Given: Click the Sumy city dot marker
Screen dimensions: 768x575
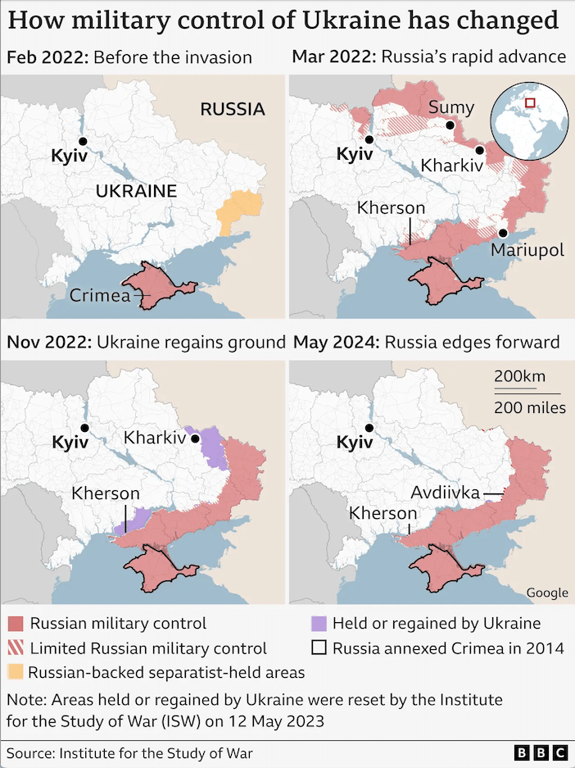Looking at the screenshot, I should coord(450,125).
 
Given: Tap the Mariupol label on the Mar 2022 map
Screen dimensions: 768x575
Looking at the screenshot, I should coord(527,250).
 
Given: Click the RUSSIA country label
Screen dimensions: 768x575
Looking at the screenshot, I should coord(233,109).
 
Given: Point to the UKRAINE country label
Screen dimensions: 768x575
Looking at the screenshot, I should coord(136,192).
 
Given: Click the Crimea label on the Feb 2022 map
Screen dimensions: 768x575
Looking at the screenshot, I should coord(99,296).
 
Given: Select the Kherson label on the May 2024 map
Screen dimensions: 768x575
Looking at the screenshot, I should coord(383,513).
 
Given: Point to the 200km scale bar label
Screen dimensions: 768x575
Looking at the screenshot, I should coord(519,376).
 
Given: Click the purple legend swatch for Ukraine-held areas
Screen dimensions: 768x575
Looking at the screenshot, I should coord(319,624).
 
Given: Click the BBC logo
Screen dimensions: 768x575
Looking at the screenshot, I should coord(541,752).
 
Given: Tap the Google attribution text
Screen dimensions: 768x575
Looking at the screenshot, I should coord(546,593).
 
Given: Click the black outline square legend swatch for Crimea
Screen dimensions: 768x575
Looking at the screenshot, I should coord(319,648).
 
